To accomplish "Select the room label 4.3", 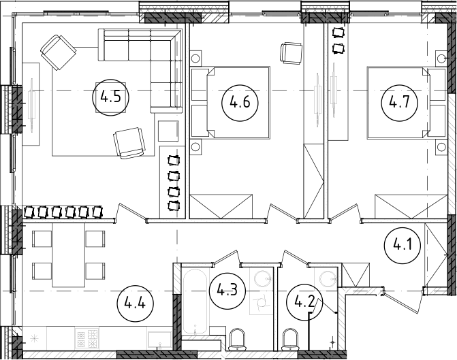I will point(226,291).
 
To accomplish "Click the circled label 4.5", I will point(111,97).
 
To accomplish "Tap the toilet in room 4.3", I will point(238,338).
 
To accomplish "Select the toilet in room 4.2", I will point(290,338).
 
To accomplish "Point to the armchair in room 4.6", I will point(291,52).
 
